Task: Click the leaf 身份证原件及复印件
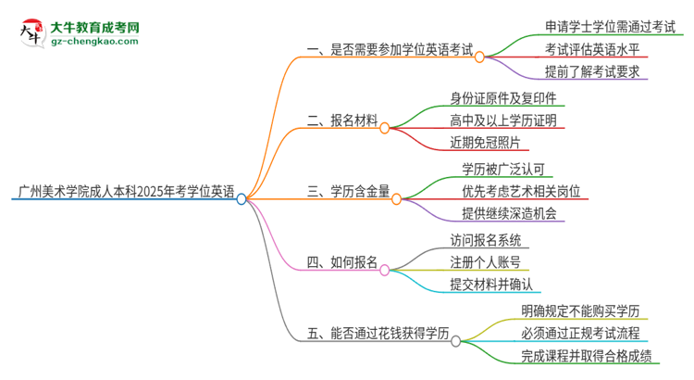pos(499,97)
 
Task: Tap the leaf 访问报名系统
pos(490,239)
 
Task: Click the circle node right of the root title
pos(242,198)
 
